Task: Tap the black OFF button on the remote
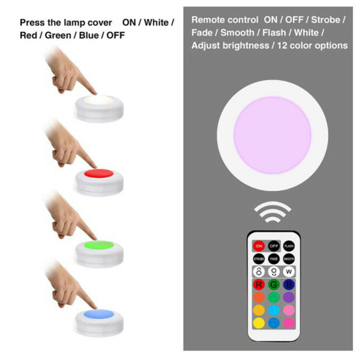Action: tap(274, 246)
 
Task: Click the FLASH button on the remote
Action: tap(289, 246)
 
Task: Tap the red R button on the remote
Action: tap(258, 284)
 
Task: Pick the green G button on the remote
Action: tap(274, 284)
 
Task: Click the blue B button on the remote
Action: tap(289, 284)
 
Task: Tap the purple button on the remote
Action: tap(289, 297)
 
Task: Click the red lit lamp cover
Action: tap(100, 174)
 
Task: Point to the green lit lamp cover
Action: tap(100, 245)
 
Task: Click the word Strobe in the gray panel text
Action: tap(328, 19)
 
